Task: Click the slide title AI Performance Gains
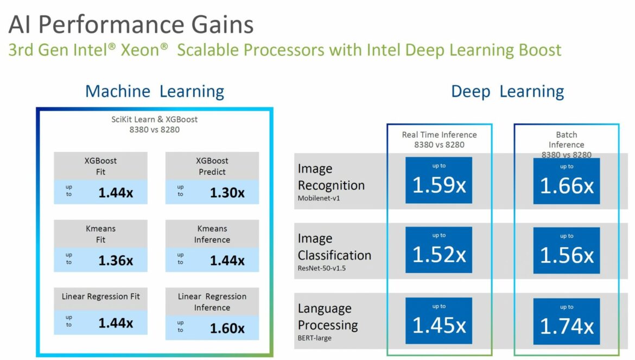click(x=131, y=24)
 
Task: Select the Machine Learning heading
click(x=154, y=92)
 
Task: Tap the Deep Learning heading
click(x=507, y=92)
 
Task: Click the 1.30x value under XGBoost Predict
click(x=227, y=193)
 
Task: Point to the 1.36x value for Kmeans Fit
click(x=116, y=261)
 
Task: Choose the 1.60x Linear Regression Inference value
click(x=227, y=329)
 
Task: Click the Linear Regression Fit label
click(x=101, y=296)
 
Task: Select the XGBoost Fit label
click(x=100, y=166)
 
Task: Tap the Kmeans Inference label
click(x=212, y=234)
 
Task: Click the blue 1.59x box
click(x=439, y=180)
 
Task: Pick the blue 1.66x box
click(x=567, y=181)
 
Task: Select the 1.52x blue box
click(x=439, y=250)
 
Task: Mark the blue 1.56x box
click(x=567, y=251)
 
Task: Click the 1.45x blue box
click(x=439, y=321)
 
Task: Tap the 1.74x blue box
click(x=567, y=321)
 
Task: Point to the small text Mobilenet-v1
click(x=319, y=198)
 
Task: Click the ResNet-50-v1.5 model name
click(x=321, y=268)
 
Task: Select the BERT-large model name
click(x=314, y=338)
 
